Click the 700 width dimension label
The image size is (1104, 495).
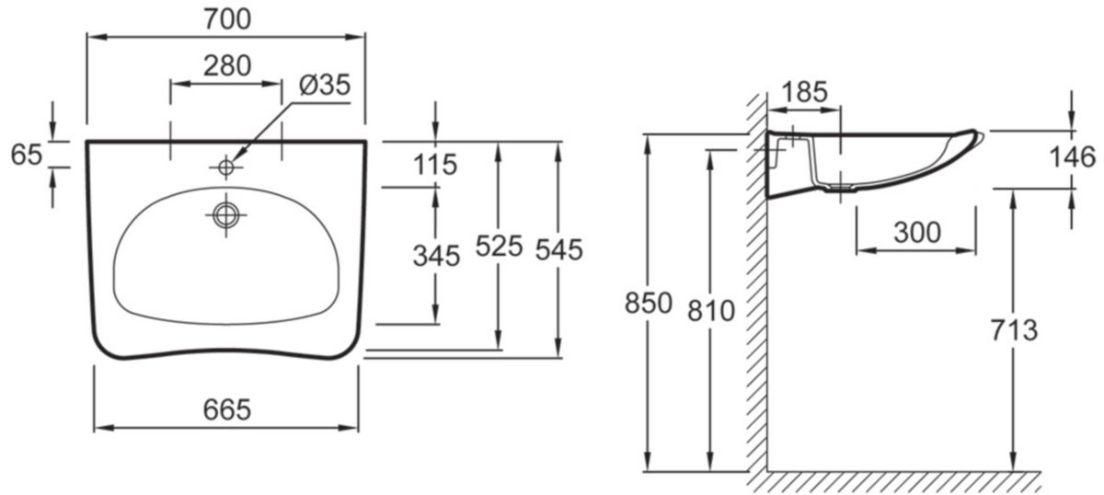click(225, 18)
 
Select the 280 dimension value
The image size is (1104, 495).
click(226, 65)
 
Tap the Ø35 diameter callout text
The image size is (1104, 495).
click(325, 85)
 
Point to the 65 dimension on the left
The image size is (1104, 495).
click(27, 154)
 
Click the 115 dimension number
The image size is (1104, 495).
click(434, 165)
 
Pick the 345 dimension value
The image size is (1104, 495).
click(434, 257)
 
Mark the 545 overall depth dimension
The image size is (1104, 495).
click(558, 249)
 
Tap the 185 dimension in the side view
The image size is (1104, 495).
click(805, 91)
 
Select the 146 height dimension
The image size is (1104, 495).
click(1072, 157)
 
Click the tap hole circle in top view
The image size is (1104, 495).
click(225, 167)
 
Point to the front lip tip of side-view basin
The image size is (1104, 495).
click(980, 134)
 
